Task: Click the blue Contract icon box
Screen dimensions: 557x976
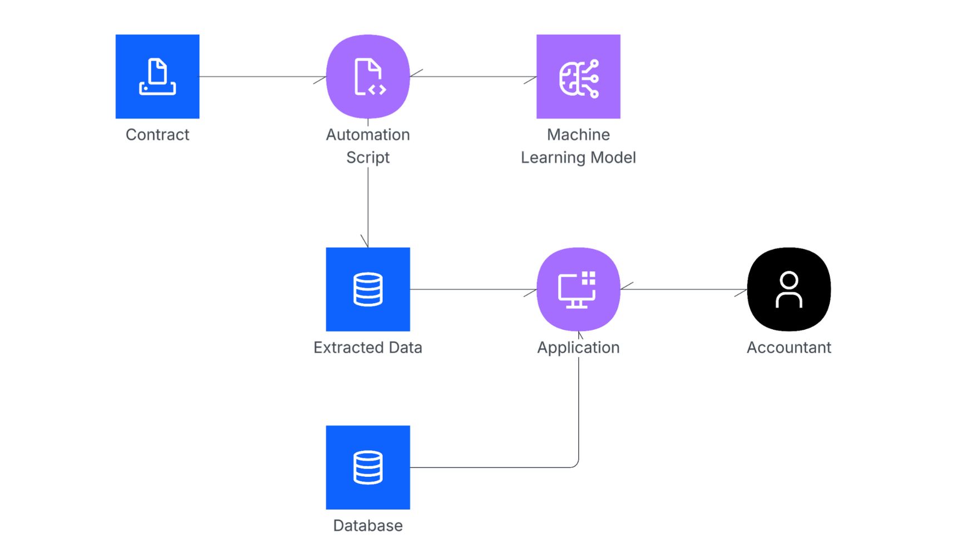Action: (x=157, y=76)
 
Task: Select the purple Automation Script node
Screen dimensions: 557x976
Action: (x=368, y=76)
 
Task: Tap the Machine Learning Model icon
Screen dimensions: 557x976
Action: (x=578, y=76)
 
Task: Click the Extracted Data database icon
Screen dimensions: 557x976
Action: (x=368, y=289)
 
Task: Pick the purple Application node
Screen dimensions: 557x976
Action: (x=578, y=289)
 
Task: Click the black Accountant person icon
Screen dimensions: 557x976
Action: (x=788, y=289)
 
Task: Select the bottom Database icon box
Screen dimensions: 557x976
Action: (x=368, y=467)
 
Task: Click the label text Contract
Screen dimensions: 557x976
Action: (x=157, y=135)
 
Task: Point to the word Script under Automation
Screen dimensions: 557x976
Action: (x=368, y=158)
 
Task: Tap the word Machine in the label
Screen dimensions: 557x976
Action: (x=578, y=135)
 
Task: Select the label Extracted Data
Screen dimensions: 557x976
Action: (x=368, y=348)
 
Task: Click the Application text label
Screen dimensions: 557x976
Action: (x=578, y=348)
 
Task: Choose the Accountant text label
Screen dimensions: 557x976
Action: (x=788, y=348)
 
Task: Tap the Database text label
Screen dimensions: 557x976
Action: (x=368, y=526)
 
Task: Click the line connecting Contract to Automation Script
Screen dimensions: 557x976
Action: (x=262, y=76)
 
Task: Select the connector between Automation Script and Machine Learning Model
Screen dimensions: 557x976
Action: (x=473, y=76)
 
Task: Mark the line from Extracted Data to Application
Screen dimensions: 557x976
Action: (x=473, y=289)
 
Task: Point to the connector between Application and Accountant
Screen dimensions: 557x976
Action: (x=683, y=289)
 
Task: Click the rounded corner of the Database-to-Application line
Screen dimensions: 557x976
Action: (x=576, y=465)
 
